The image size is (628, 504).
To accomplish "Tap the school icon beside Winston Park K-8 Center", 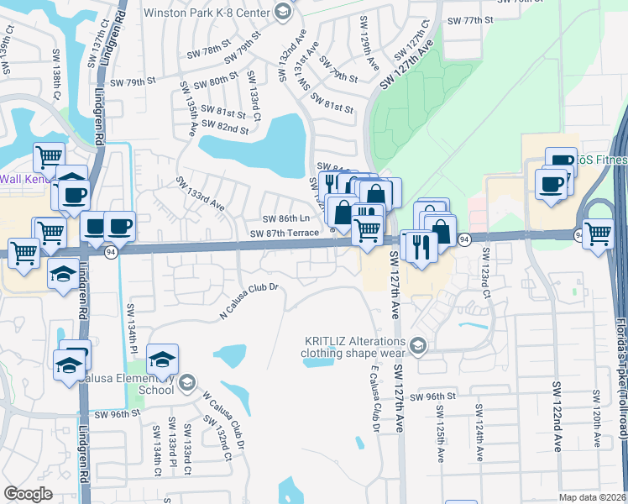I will tap(282, 12).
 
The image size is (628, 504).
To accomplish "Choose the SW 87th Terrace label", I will tap(284, 233).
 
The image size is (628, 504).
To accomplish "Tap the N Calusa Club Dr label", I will tap(248, 301).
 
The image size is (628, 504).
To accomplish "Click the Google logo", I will tap(28, 493).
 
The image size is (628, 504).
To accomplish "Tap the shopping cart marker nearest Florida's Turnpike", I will tap(598, 233).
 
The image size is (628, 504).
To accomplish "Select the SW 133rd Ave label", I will tap(199, 194).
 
